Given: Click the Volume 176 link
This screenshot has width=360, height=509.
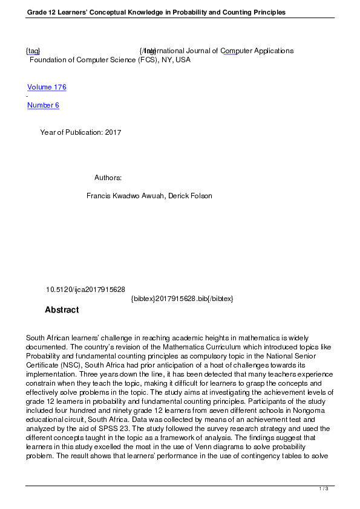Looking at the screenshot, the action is (x=47, y=87).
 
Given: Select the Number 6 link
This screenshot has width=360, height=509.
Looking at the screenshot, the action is (x=43, y=105).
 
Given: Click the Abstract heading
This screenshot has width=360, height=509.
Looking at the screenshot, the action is (x=62, y=310).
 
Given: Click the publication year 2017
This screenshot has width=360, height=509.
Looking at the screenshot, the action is (x=113, y=132).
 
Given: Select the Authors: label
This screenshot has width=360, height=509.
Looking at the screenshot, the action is (x=108, y=178).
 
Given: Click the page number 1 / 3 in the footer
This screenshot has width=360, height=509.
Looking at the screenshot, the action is (x=324, y=488).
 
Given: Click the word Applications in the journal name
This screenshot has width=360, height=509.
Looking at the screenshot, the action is (x=270, y=51).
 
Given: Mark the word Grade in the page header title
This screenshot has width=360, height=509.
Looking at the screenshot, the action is (x=37, y=12).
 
